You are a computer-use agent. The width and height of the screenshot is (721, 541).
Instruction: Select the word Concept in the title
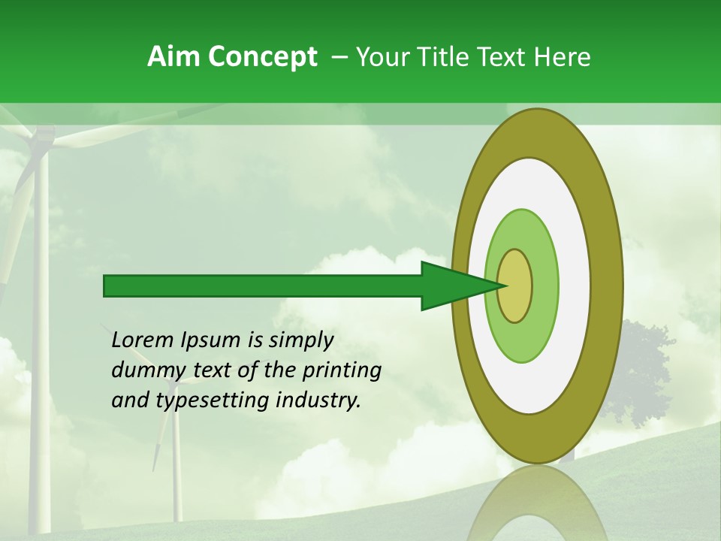[262, 58]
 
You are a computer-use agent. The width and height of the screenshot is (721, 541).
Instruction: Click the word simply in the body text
[300, 340]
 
